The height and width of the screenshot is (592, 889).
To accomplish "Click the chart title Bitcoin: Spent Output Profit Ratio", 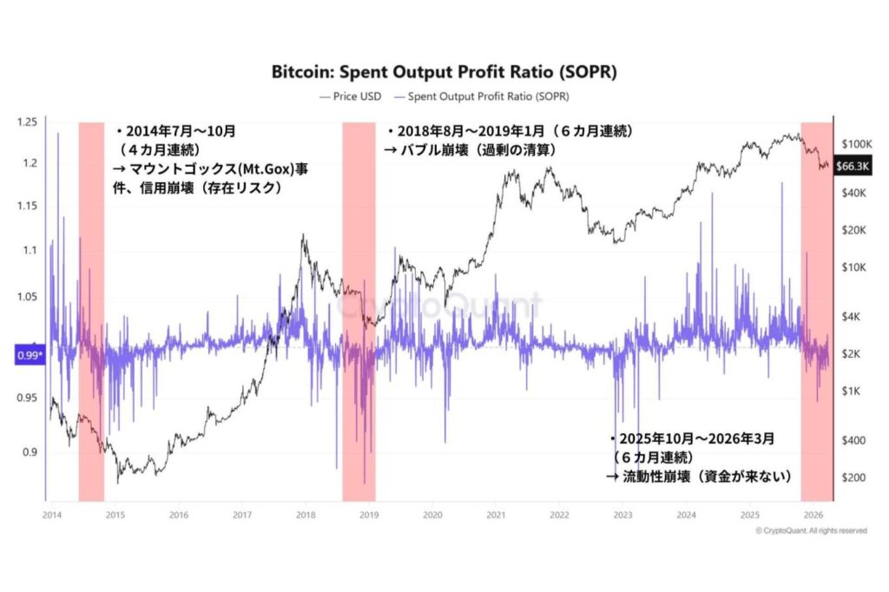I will click(x=444, y=72).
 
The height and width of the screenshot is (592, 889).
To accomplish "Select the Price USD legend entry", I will click(x=352, y=96).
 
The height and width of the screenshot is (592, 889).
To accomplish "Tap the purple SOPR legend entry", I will click(x=491, y=96).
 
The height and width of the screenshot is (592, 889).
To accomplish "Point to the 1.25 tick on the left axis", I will click(x=28, y=122).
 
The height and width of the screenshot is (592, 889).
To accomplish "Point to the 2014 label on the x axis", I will click(x=50, y=514).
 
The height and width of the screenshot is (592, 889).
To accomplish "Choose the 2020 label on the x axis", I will click(x=432, y=514).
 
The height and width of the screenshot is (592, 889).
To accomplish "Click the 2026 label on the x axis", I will click(x=813, y=514).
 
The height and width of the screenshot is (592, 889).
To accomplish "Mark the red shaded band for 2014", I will click(x=91, y=312).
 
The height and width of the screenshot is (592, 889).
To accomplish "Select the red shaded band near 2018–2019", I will click(x=359, y=312).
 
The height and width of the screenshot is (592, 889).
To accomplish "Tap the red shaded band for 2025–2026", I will click(x=816, y=312).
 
